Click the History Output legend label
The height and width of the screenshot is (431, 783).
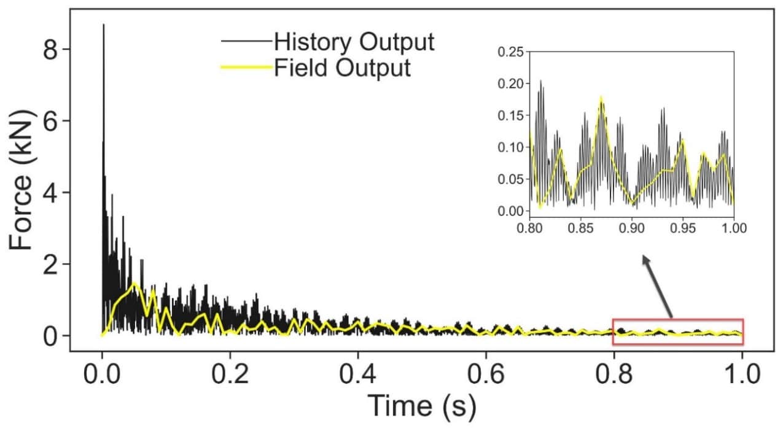coord(354,42)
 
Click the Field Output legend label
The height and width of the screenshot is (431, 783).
coord(342,68)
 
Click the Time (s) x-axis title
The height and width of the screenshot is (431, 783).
coord(421,405)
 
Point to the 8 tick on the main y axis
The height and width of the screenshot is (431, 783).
coord(51,50)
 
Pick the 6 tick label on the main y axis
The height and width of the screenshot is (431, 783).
coord(51,121)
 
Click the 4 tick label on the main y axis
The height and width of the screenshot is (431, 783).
coord(51,193)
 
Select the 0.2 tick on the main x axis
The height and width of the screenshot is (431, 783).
coord(230,373)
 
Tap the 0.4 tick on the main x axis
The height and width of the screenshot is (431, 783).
coord(358,373)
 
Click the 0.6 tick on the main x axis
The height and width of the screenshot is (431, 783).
coord(486,373)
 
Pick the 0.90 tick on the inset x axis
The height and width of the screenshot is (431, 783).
coord(631,227)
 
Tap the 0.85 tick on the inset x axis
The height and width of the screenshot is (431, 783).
coord(580,227)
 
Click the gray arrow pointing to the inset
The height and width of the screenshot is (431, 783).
coord(657,286)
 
